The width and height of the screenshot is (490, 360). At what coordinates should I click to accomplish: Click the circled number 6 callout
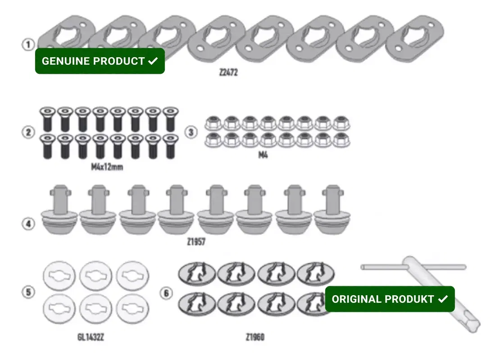[x=166, y=293]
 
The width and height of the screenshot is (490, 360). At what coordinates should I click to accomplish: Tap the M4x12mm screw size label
[x=107, y=167]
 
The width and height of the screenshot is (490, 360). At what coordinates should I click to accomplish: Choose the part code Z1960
[x=255, y=337]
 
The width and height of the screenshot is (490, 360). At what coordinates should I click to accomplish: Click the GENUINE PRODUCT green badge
[x=100, y=61]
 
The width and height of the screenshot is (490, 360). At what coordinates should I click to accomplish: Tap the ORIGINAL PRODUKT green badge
[x=390, y=299]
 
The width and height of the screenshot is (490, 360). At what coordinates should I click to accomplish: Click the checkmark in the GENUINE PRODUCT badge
[x=153, y=61]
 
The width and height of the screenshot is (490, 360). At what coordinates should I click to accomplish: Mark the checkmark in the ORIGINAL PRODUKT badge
[x=443, y=299]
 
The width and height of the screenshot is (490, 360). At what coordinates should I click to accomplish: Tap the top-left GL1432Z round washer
[x=59, y=275]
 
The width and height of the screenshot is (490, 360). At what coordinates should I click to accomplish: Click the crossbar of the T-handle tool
[x=413, y=267]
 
